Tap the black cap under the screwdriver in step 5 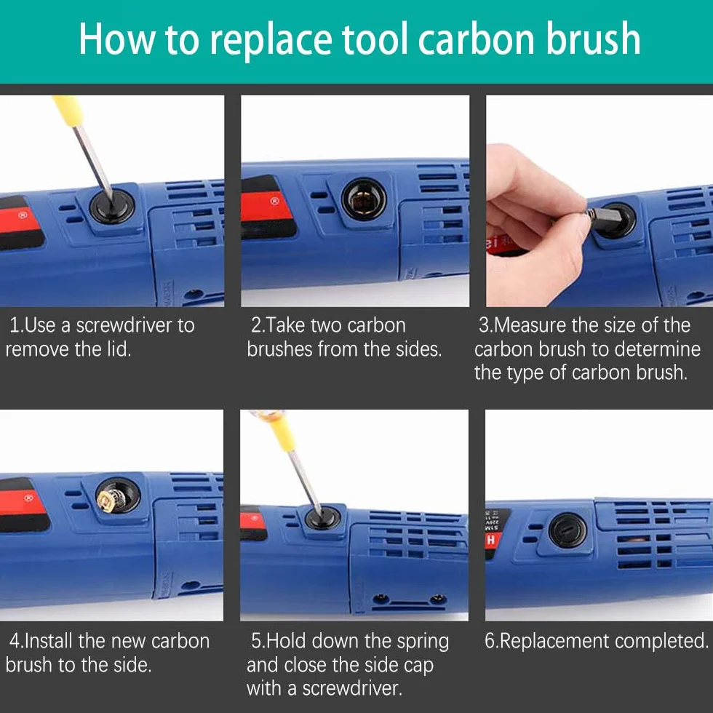tap(322, 518)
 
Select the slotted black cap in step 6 tap(567, 530)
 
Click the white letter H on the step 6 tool tap(490, 540)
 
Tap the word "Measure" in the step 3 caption tap(530, 325)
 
